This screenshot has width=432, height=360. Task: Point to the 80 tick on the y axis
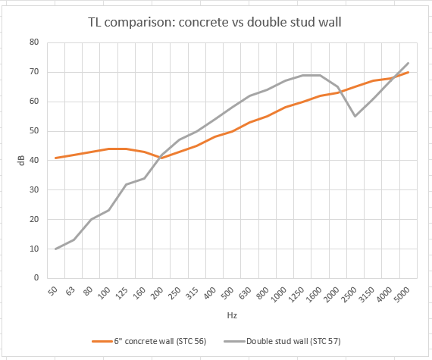coord(33,42)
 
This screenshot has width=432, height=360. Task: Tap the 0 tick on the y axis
coord(36,278)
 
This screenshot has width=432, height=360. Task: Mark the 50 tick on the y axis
coord(33,131)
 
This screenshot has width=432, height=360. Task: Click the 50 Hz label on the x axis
coord(53,292)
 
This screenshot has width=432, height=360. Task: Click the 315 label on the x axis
coord(193,293)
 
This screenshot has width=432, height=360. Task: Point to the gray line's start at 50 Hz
coord(55,249)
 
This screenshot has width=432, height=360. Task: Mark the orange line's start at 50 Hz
coord(55,158)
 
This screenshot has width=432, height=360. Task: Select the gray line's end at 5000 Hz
coord(409,63)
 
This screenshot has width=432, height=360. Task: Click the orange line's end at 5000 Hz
coord(409,72)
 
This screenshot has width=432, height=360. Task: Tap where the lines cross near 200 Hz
coord(161,157)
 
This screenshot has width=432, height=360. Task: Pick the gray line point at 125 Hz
coord(126,184)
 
